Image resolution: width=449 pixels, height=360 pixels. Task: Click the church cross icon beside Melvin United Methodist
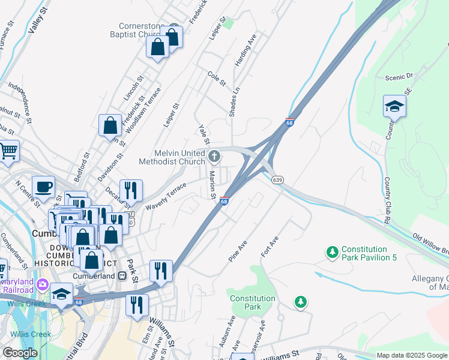215,157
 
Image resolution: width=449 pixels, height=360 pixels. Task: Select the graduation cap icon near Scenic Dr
394,106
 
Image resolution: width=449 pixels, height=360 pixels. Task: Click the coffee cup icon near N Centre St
43,186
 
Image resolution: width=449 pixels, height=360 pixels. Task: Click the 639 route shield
277,179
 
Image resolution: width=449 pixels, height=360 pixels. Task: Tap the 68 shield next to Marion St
224,201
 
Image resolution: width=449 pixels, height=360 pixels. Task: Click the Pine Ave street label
238,251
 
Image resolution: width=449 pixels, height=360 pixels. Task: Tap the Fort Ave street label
270,247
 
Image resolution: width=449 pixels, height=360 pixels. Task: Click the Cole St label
216,79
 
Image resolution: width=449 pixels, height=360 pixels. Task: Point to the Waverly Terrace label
166,196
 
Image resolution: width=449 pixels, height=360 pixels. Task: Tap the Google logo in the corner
20,353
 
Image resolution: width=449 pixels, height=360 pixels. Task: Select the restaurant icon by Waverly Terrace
131,190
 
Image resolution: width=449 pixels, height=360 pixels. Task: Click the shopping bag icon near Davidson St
110,125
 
